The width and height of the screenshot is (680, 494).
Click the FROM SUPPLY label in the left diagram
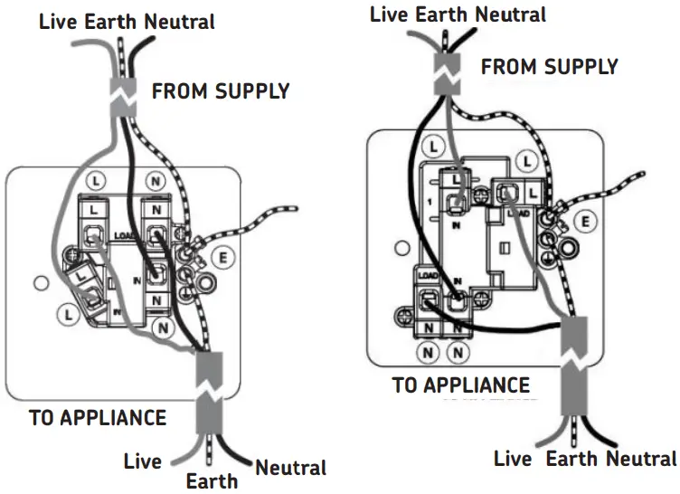pos(220,90)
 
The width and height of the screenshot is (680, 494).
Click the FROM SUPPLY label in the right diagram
pos(549,67)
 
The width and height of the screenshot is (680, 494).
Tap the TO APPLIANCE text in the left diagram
pos(98,417)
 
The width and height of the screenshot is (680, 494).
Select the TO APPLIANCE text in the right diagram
pos(460,385)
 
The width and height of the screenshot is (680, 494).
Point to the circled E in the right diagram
pos(586,219)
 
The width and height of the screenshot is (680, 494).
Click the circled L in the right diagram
pos(434,145)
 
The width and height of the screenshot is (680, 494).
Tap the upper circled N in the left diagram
pos(157,180)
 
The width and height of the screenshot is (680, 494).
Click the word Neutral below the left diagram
pos(289,468)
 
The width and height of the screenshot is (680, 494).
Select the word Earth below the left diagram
pos(212,480)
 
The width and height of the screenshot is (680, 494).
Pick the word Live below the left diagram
pos(143,461)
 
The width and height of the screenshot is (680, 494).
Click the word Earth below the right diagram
pos(571,459)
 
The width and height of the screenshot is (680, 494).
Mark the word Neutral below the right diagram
pos(641,459)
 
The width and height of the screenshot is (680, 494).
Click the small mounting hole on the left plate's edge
pos(40,283)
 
